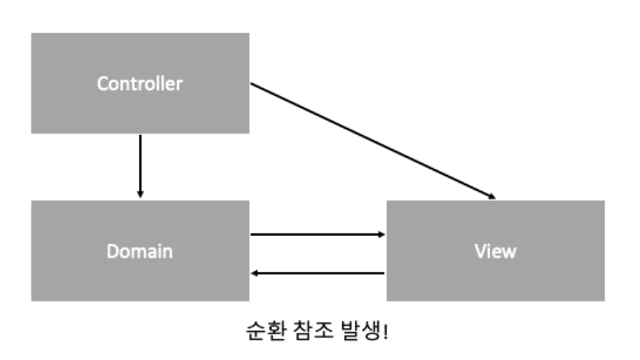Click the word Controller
(140, 84)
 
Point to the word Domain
(140, 251)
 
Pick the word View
(495, 251)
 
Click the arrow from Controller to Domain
(140, 164)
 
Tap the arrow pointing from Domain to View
(316, 233)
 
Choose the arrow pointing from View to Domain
(316, 273)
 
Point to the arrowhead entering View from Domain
(381, 233)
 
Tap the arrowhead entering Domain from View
(255, 273)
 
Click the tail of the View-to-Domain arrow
(383, 273)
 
